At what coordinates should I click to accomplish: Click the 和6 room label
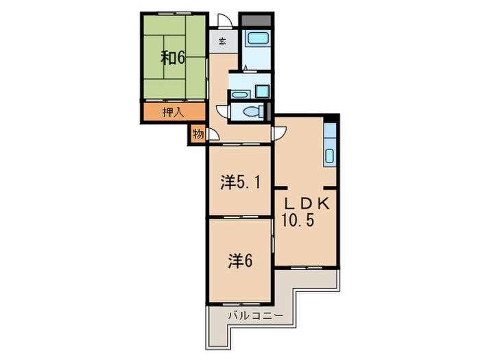tap(173, 58)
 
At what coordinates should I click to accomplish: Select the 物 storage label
tap(198, 134)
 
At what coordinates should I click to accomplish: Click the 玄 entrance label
tap(223, 41)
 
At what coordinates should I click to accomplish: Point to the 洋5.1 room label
tap(241, 183)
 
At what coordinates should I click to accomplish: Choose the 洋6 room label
tap(240, 261)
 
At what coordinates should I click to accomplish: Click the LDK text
tap(307, 204)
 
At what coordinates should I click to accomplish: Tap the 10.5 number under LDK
tap(298, 220)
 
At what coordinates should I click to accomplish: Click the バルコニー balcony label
tap(256, 315)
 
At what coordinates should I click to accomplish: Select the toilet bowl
tap(252, 111)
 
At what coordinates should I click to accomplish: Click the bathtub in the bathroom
tap(258, 39)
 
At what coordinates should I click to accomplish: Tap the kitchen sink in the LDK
tap(329, 156)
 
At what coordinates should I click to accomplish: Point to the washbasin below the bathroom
tap(239, 95)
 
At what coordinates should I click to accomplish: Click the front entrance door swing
tap(224, 20)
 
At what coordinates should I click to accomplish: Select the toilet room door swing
tap(222, 111)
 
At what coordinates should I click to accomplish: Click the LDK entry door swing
tap(279, 134)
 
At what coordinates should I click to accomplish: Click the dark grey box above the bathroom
tap(256, 21)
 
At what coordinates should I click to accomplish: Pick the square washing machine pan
tap(263, 91)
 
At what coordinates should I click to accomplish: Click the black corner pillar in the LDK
tap(331, 119)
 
